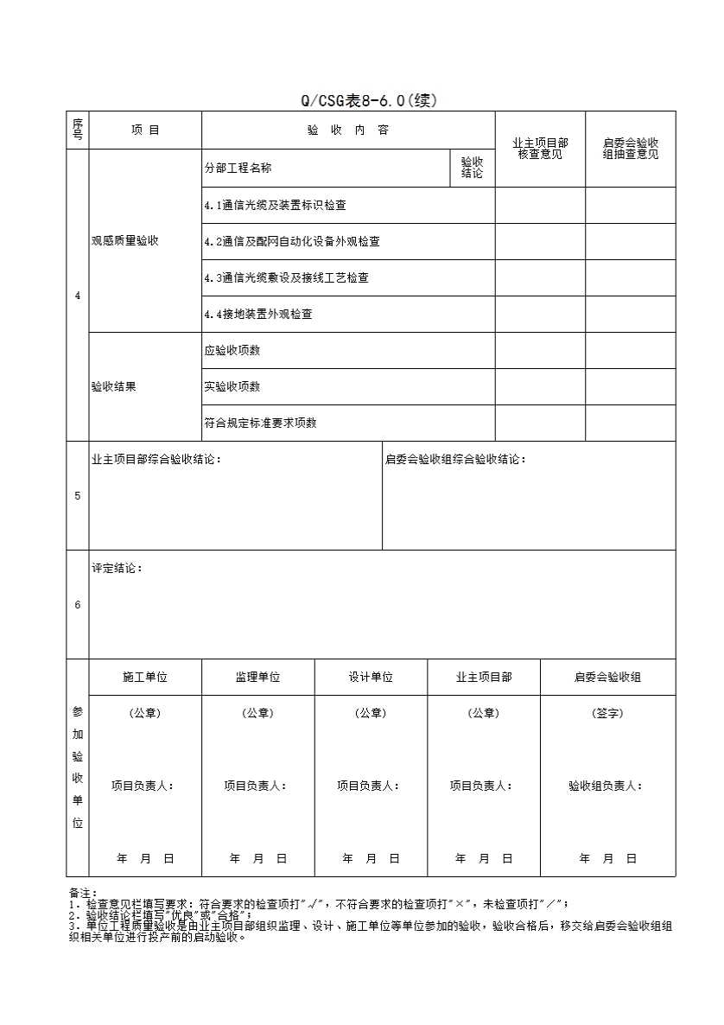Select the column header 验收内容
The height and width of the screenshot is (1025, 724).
tap(347, 131)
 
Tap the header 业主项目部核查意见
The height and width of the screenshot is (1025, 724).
tap(540, 148)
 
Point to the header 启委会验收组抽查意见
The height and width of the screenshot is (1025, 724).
tap(631, 148)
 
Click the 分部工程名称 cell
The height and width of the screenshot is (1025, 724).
tap(238, 169)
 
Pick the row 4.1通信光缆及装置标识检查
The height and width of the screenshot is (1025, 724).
tap(276, 206)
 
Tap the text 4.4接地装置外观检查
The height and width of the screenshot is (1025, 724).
tap(258, 315)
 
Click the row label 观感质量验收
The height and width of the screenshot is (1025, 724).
tap(125, 241)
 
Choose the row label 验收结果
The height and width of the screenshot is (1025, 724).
tap(114, 387)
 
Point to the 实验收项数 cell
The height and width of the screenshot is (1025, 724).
tap(232, 387)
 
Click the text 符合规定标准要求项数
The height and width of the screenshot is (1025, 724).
tap(260, 423)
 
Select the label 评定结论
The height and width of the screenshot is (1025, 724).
tap(117, 569)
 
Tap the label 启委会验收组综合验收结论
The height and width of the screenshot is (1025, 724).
tap(455, 460)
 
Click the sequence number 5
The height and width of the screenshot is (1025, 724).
tap(78, 496)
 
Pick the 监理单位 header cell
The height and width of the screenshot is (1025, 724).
tap(257, 678)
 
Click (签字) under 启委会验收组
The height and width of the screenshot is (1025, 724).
tap(607, 714)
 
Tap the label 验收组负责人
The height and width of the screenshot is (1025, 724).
tap(606, 786)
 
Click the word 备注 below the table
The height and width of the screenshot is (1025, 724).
tap(82, 893)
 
